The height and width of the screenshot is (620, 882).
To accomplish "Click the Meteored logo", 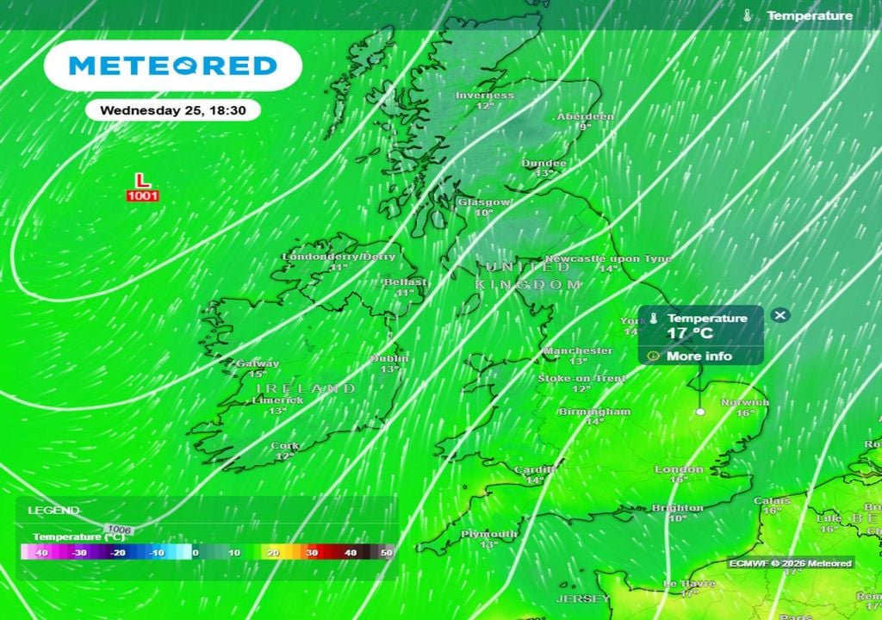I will pyautogui.click(x=172, y=65).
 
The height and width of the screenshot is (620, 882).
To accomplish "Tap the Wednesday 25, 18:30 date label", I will pyautogui.click(x=172, y=110).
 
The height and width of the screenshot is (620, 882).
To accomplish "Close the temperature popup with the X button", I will pyautogui.click(x=780, y=315).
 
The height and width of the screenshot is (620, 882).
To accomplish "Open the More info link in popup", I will pyautogui.click(x=699, y=356).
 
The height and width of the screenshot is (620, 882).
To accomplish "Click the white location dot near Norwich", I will pyautogui.click(x=700, y=412).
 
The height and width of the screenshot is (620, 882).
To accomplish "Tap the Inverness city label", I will pyautogui.click(x=484, y=96).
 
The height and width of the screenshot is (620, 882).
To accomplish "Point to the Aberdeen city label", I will pyautogui.click(x=585, y=116).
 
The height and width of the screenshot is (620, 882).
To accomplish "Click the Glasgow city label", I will pyautogui.click(x=484, y=202).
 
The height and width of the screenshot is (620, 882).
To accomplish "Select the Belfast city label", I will pyautogui.click(x=405, y=282).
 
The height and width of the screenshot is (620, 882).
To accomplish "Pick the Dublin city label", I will pyautogui.click(x=389, y=359).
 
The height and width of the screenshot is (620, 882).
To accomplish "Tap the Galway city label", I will pyautogui.click(x=257, y=364).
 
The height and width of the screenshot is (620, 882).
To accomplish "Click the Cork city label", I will pyautogui.click(x=285, y=446).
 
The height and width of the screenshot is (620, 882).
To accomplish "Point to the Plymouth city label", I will pyautogui.click(x=488, y=534).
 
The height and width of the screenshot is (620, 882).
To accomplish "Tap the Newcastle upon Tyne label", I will pyautogui.click(x=608, y=259).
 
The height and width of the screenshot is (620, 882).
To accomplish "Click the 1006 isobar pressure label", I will pyautogui.click(x=119, y=528).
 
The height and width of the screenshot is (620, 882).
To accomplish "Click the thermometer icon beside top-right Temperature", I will pyautogui.click(x=747, y=15).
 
